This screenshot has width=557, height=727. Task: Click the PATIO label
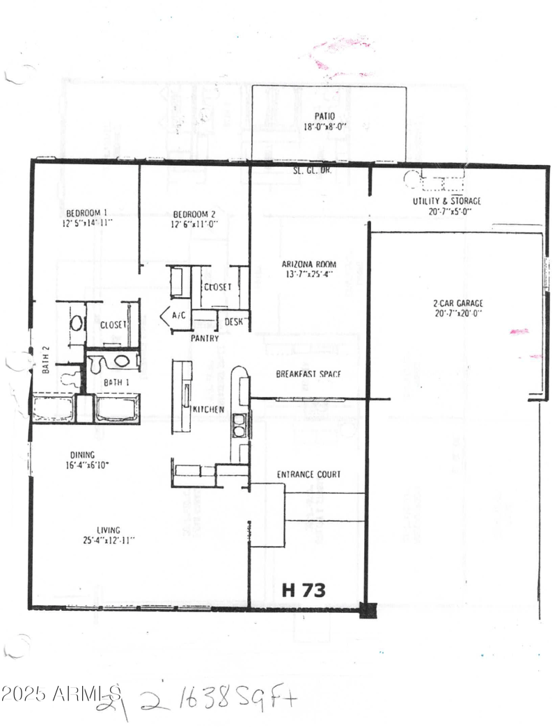324,116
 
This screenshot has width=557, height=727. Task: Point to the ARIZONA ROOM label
309,264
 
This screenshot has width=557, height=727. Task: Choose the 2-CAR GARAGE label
457,303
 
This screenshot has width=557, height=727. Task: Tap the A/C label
179,316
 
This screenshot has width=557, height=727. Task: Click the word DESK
233,322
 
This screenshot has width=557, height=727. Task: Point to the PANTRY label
205,338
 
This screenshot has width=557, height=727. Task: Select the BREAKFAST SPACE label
308,374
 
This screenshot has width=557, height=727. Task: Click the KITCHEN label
208,409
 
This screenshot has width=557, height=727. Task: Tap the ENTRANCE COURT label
308,474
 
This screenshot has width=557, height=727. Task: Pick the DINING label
81,455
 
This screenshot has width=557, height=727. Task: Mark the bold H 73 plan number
304,590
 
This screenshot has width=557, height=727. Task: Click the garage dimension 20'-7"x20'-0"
457,314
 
